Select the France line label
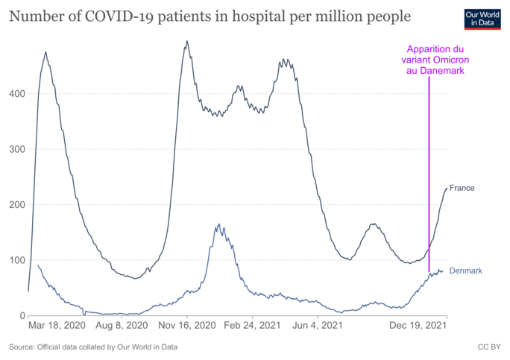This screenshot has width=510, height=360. point(462,188)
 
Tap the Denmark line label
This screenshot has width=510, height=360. point(467,270)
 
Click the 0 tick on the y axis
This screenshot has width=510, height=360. point(20,316)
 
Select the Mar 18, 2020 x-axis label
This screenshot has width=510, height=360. point(56,326)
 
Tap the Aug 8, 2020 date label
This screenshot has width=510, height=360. point(123,326)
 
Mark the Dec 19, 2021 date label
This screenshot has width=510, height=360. point(419,326)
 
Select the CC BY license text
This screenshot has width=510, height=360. point(488,347)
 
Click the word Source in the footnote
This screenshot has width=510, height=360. point(23,347)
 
